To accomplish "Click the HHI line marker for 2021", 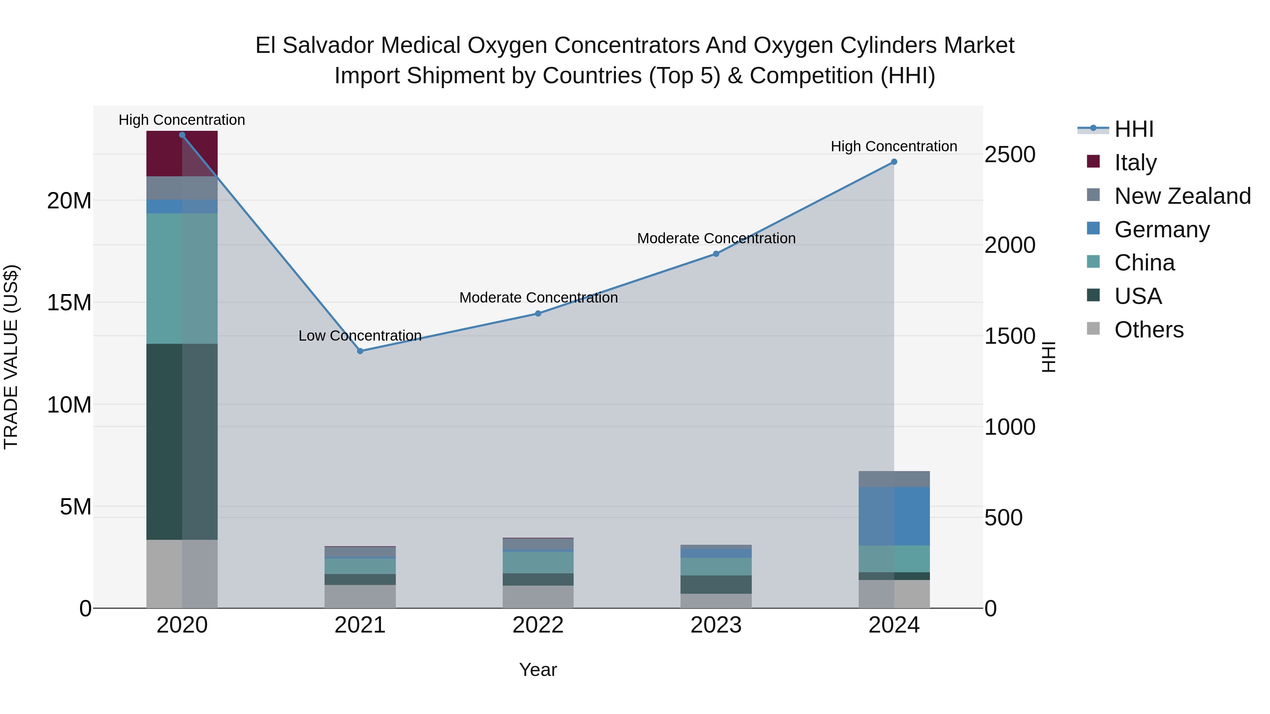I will (x=360, y=351).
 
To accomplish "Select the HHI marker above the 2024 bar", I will (x=894, y=161).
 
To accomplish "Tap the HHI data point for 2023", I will (x=716, y=254).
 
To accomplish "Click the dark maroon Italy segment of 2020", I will (x=182, y=154).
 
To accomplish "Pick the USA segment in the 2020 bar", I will (x=182, y=441).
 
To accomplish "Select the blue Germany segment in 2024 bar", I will (x=894, y=516).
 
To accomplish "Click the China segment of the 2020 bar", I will (x=182, y=279).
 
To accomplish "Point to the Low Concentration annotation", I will (x=360, y=336).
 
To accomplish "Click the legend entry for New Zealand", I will (x=1182, y=196).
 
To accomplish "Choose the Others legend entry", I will (x=1148, y=330).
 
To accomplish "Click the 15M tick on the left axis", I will (x=69, y=303).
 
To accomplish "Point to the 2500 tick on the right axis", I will (x=1010, y=155).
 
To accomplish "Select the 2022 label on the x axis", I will (x=538, y=625).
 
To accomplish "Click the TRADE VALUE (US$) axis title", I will (x=11, y=357).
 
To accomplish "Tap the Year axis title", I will (x=538, y=670).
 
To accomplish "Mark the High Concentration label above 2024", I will (x=894, y=146).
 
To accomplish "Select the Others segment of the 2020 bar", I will (x=182, y=574).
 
